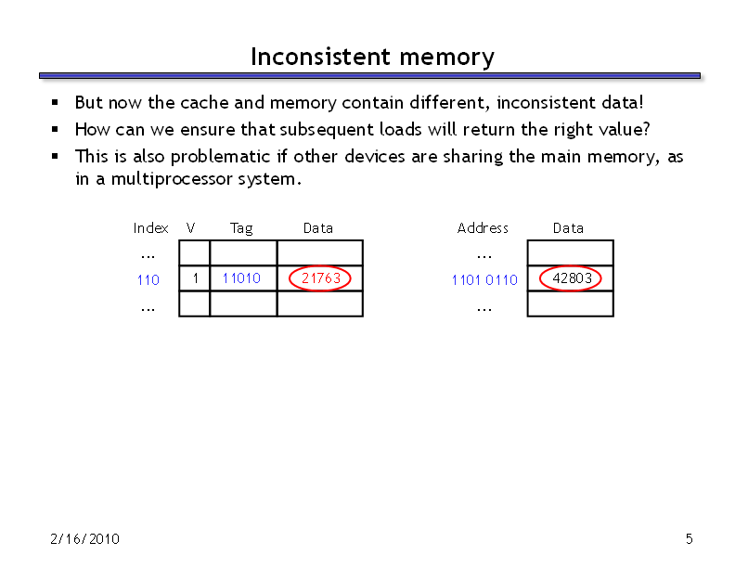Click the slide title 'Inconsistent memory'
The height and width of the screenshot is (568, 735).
tap(372, 58)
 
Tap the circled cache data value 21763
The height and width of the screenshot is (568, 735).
tap(320, 278)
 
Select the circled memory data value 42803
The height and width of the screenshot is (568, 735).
tap(572, 278)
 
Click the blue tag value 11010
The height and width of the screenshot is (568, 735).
tap(241, 278)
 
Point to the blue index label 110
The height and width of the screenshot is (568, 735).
tap(148, 279)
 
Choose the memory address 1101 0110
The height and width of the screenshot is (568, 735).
tap(484, 279)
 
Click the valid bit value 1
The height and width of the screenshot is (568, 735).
tap(195, 278)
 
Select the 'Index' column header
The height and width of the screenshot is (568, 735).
tap(150, 228)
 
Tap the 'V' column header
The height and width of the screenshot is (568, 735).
tap(190, 228)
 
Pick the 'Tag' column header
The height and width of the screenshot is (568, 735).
tap(241, 228)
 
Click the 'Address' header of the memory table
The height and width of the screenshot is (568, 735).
tap(483, 228)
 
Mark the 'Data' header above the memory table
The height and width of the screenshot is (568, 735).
tap(568, 228)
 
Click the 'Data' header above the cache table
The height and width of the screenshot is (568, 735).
tap(318, 228)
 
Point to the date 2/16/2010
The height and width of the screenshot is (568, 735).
tap(84, 539)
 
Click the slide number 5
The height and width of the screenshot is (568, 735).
tap(689, 539)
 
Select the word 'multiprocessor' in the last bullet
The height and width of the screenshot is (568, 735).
tap(171, 179)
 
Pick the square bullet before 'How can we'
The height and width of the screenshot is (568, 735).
tap(55, 129)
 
